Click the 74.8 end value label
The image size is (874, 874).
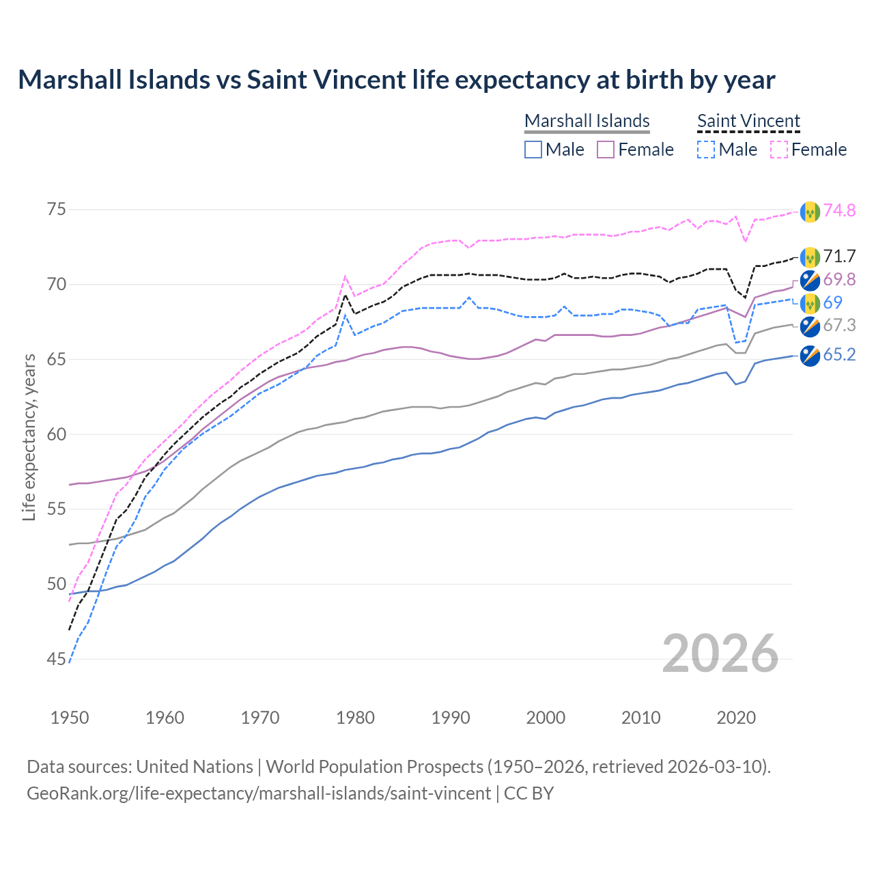[x=839, y=210]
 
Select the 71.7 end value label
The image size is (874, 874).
[x=839, y=256]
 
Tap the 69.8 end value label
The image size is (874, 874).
[x=839, y=279]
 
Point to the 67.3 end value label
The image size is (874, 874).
[x=839, y=325]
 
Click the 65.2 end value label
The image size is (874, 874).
[x=839, y=354]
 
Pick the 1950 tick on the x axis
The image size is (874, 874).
[x=70, y=718]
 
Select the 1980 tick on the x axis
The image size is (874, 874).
[x=356, y=718]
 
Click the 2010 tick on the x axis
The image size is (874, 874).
[x=641, y=718]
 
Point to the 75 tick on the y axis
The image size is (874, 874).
[x=57, y=209]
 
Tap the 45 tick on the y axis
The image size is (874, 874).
[x=57, y=660]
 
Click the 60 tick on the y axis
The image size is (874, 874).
[x=57, y=434]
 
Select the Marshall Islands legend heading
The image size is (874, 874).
[x=587, y=121]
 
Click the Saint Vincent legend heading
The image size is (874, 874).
[x=748, y=121]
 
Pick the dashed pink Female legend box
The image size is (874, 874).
[x=778, y=150]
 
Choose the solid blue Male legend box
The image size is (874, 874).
[x=533, y=150]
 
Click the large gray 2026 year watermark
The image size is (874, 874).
[x=720, y=653]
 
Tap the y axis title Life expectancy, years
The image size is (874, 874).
[x=29, y=437]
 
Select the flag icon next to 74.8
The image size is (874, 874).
[x=810, y=212]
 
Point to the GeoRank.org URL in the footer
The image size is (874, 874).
[x=259, y=793]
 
